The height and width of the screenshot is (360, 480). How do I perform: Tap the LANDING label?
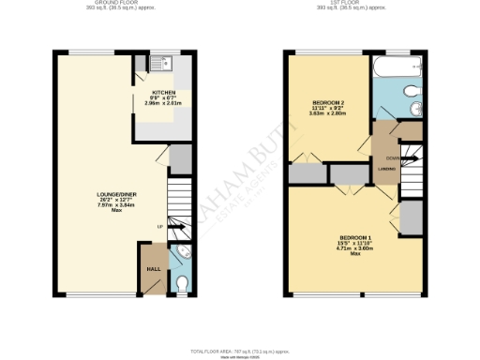pos(385,169)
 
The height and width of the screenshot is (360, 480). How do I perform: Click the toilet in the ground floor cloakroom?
pos(182,282)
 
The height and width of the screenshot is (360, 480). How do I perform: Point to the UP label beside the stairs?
pos(159,226)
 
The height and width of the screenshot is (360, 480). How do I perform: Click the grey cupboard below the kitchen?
pos(180,157)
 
